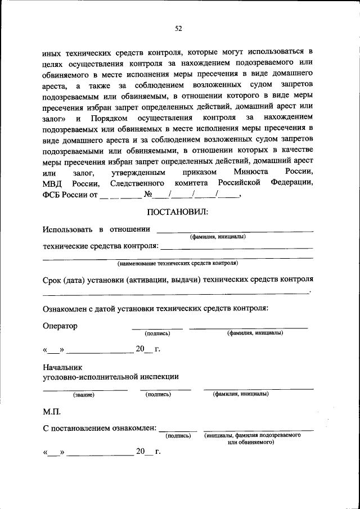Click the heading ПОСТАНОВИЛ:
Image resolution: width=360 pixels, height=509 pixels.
point(178,211)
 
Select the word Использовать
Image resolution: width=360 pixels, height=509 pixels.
point(66,229)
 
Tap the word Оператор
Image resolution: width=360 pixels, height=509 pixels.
point(60,326)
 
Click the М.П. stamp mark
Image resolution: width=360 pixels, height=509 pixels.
point(52,412)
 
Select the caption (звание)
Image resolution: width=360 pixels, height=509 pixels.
point(83,395)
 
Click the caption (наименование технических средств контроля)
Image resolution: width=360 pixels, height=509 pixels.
point(178,263)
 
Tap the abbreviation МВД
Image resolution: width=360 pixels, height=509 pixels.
point(52,183)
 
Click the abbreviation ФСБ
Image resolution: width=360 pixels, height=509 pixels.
point(52,196)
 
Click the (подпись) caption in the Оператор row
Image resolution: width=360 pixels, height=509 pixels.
point(157,333)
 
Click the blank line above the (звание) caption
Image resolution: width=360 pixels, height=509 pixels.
point(85,389)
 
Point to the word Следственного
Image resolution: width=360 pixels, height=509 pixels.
point(137,183)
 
